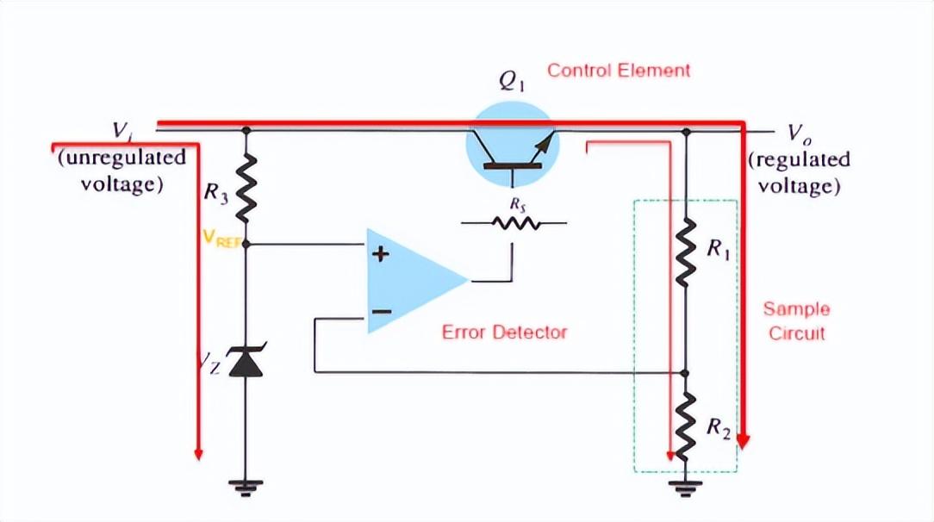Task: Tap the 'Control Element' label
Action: click(619, 71)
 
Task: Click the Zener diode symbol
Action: click(246, 361)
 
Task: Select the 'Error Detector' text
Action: click(504, 332)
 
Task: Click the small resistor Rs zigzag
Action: click(514, 223)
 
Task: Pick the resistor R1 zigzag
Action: click(686, 251)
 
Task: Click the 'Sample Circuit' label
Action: click(796, 320)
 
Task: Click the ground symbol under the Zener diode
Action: click(246, 488)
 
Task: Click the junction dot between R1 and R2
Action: click(686, 373)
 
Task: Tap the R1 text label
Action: click(717, 249)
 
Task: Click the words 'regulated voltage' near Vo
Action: click(799, 172)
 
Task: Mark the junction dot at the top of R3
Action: click(246, 131)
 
